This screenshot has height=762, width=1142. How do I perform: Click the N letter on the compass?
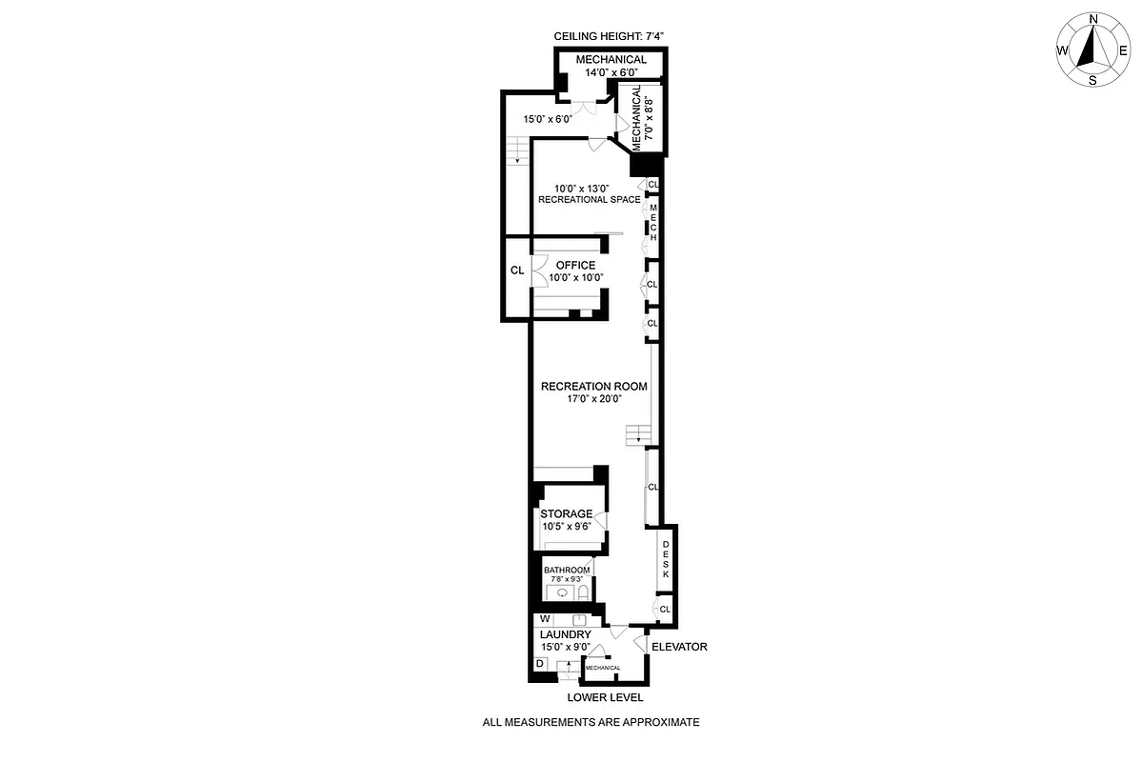(x=1093, y=19)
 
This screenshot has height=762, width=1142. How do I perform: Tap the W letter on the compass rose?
(x=1061, y=50)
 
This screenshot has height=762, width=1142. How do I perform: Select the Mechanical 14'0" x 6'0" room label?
(x=611, y=66)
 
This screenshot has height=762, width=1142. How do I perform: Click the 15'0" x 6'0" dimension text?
(x=548, y=119)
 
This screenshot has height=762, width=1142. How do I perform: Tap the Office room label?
(x=575, y=271)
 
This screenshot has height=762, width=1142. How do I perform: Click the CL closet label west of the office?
(x=516, y=271)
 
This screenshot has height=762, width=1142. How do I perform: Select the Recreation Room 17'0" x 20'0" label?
(x=593, y=392)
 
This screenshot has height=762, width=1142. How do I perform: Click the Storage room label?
(x=567, y=520)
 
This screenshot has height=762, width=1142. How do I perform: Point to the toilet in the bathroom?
(x=583, y=592)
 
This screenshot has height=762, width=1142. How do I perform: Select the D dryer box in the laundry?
(x=540, y=663)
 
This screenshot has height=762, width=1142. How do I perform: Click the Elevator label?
(x=679, y=647)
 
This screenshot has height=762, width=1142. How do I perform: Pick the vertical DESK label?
(x=666, y=560)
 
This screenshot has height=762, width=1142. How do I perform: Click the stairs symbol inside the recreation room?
(x=635, y=436)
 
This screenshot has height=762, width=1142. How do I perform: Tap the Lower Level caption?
(x=605, y=697)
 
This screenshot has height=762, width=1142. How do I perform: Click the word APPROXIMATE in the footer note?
(x=657, y=722)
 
